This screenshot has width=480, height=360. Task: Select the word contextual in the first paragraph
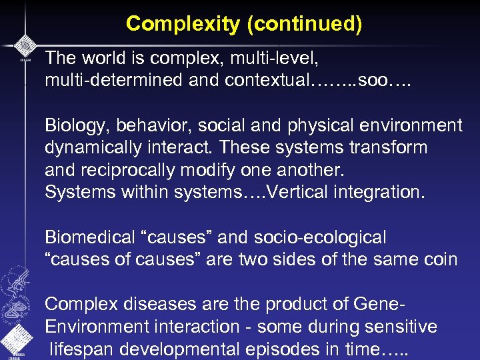[x=266, y=81]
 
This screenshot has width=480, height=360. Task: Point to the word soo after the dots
[x=371, y=81]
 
